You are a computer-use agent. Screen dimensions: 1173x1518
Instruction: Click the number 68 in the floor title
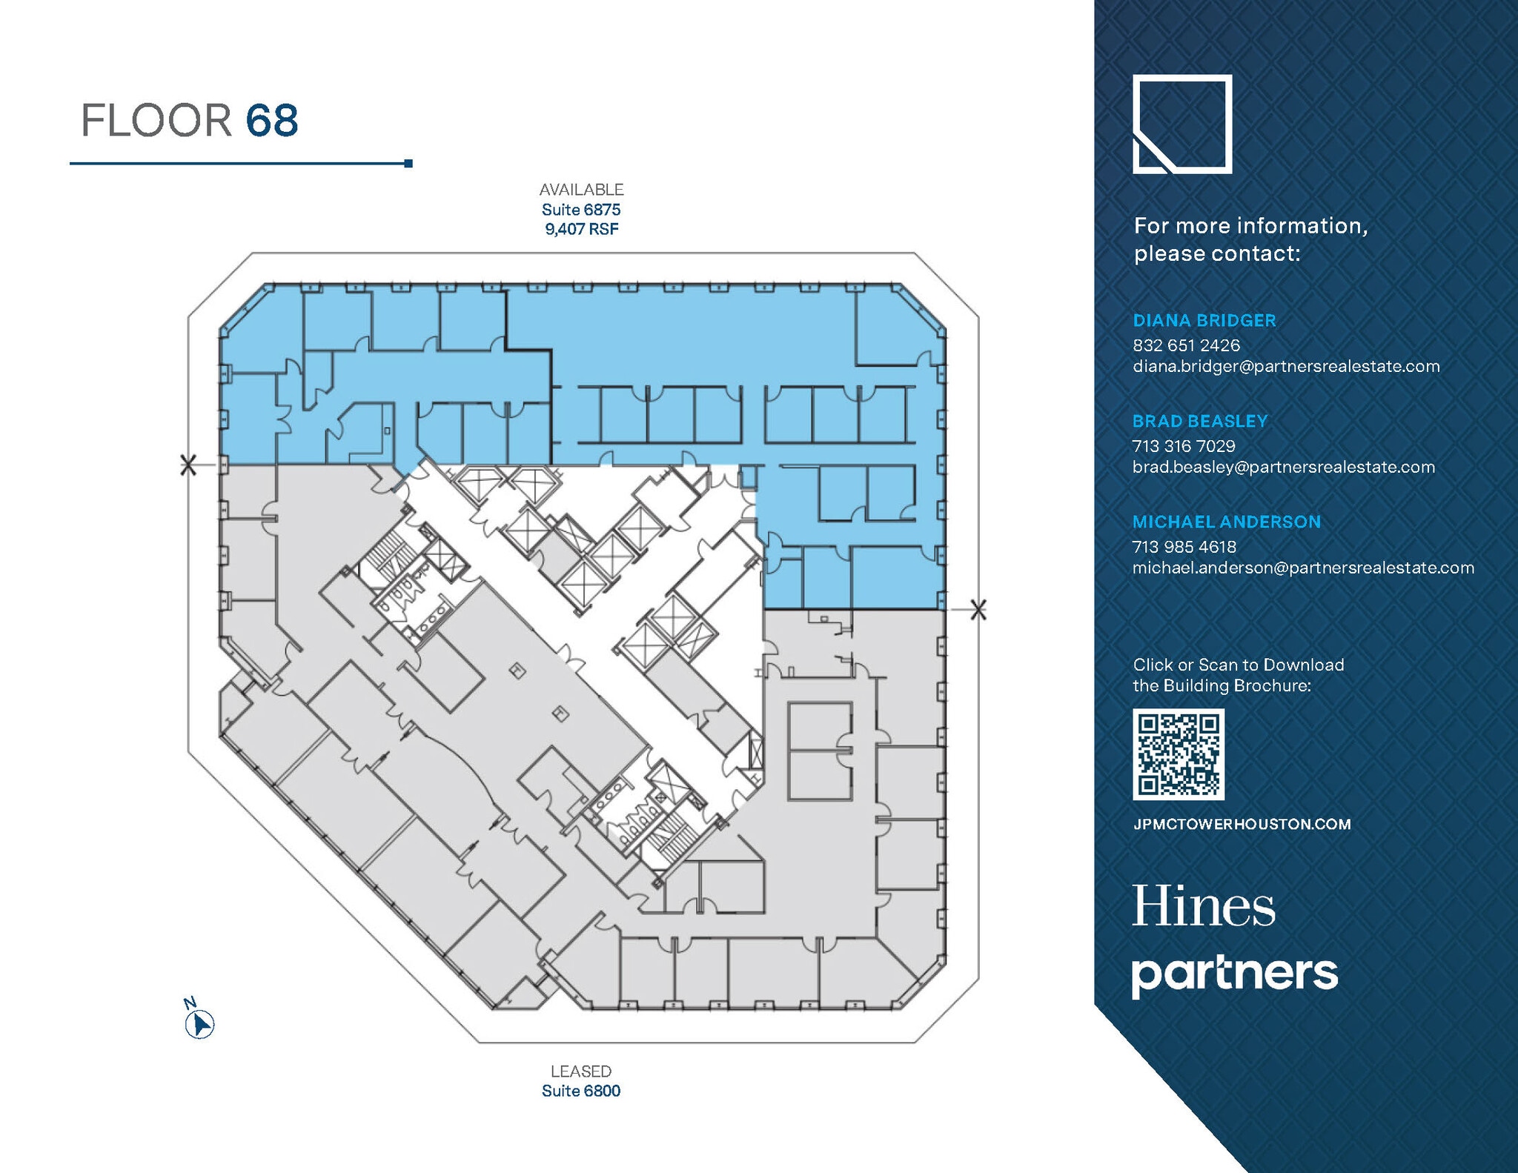[x=271, y=121]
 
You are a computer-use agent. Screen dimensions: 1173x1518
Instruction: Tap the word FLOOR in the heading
[x=156, y=121]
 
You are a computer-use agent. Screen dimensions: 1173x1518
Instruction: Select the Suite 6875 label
[x=581, y=210]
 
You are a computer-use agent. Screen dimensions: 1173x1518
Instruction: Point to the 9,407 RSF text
[x=581, y=229]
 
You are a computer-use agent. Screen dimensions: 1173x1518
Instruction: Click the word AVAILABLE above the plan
[x=581, y=190]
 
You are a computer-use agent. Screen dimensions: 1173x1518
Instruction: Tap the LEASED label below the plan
[x=581, y=1071]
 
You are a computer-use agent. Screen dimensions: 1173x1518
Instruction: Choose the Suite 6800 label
[x=581, y=1091]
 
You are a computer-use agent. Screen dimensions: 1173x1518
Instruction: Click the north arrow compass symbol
[x=199, y=1024]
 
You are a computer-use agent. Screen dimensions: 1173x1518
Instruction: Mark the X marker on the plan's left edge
[x=188, y=465]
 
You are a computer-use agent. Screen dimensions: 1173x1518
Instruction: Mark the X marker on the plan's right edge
[x=978, y=610]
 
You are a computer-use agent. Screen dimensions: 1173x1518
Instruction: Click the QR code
[x=1178, y=754]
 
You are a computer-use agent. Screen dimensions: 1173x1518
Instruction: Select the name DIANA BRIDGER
[x=1204, y=320]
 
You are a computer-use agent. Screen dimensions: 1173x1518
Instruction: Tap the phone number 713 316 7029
[x=1184, y=446]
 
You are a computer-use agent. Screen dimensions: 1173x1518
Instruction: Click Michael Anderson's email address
[x=1302, y=568]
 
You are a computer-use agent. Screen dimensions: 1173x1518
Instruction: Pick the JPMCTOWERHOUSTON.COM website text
[x=1242, y=824]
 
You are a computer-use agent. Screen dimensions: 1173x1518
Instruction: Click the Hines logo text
[x=1203, y=906]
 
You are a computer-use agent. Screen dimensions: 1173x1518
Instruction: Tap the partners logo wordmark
[x=1234, y=974]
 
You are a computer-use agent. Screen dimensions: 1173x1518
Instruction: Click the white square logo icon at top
[x=1182, y=124]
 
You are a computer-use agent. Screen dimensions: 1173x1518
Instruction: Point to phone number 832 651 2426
[x=1186, y=345]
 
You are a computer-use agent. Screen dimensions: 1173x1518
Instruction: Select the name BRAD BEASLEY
[x=1199, y=421]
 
